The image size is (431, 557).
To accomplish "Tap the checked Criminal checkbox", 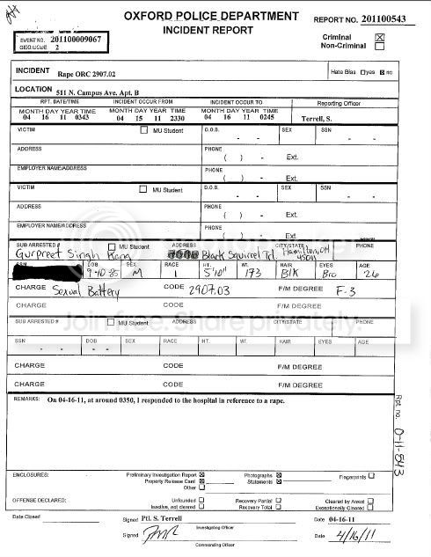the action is click(380, 37).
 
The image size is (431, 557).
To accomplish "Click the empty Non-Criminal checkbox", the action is click(380, 47).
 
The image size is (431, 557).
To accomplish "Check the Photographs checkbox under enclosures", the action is click(279, 475).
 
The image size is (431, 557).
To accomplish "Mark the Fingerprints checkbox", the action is click(371, 476).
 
